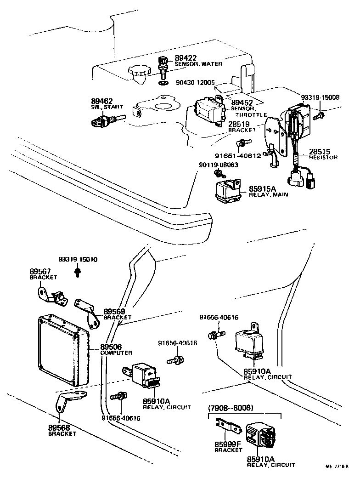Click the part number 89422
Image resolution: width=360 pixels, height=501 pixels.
pos(186,58)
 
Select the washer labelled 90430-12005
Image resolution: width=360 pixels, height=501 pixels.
pos(163,83)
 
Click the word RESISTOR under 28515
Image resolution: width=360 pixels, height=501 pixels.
pos(323,157)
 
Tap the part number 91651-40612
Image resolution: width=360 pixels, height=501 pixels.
pos(238,155)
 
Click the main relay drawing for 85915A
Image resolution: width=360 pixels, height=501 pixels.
pos(225,189)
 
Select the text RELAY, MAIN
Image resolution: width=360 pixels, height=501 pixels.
pos(269,195)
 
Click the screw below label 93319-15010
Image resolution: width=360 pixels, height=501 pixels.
pos(77,273)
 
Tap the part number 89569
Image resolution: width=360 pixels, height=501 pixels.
pos(114,311)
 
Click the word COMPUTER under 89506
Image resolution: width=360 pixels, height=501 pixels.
pos(116,353)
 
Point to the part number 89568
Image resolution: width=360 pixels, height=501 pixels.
pos(59,427)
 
